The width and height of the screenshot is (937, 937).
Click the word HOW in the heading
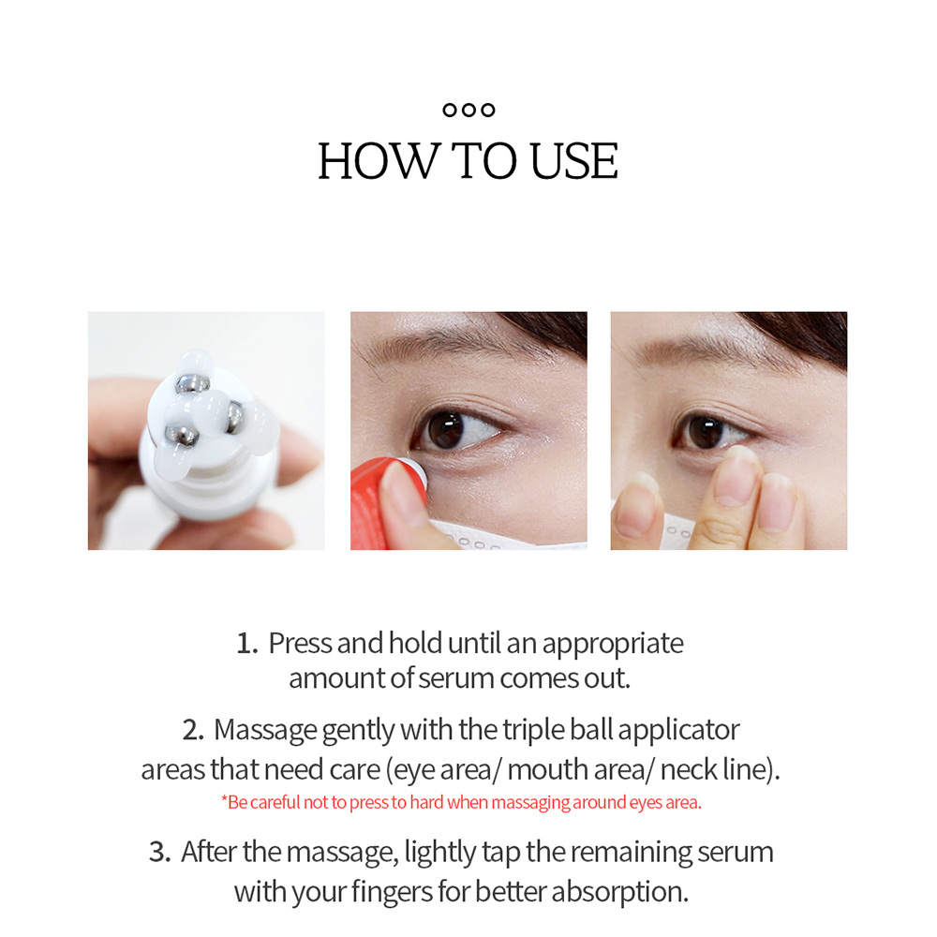point(378,161)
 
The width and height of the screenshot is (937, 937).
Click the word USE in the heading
point(573,161)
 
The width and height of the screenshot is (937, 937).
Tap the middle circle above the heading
point(469,110)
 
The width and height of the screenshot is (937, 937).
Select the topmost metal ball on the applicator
point(192,383)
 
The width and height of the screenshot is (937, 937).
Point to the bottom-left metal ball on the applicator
point(181,435)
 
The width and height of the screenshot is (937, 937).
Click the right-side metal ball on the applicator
point(234,416)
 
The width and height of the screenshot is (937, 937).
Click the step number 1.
point(246,644)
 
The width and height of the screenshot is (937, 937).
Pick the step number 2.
point(193,730)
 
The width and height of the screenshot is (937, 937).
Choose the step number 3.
point(159,852)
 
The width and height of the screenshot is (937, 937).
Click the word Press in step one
point(300,644)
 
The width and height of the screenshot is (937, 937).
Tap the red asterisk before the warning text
point(224,799)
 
